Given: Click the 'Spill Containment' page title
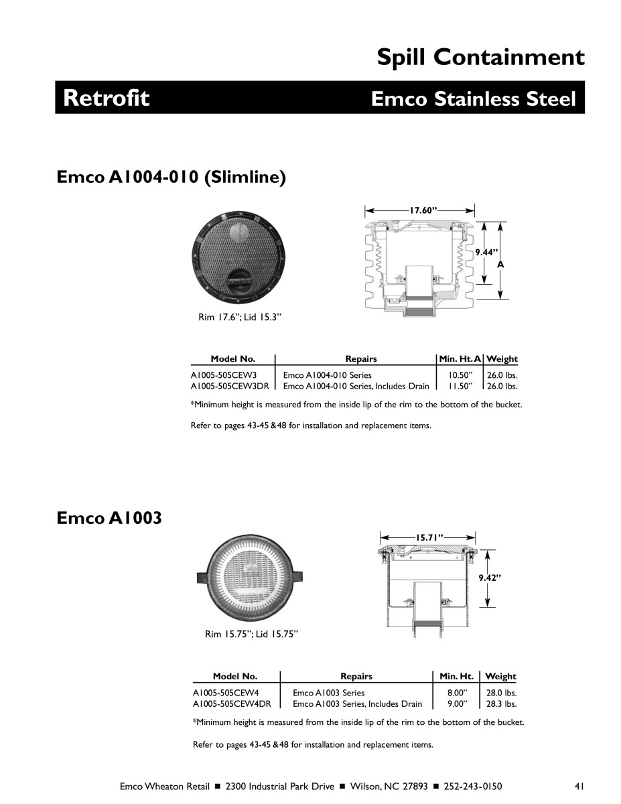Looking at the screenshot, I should [480, 58].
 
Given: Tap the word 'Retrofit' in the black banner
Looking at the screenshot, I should [107, 98].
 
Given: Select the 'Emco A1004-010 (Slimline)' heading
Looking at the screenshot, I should [171, 178].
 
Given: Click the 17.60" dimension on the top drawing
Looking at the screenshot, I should [423, 210].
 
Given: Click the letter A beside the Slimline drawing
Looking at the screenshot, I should [500, 265].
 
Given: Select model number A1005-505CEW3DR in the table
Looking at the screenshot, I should [230, 386].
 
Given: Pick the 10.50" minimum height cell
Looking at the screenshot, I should [461, 375].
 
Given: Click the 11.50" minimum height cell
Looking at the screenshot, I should [461, 386].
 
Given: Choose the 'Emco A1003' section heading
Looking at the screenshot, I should [109, 518].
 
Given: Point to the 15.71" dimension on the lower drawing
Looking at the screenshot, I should [429, 537].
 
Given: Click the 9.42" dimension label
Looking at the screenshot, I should [490, 577].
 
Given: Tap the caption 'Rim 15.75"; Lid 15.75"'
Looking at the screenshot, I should [251, 634].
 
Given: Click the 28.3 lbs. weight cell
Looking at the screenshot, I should [502, 703].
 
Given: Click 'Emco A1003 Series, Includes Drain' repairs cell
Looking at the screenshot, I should [358, 703].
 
